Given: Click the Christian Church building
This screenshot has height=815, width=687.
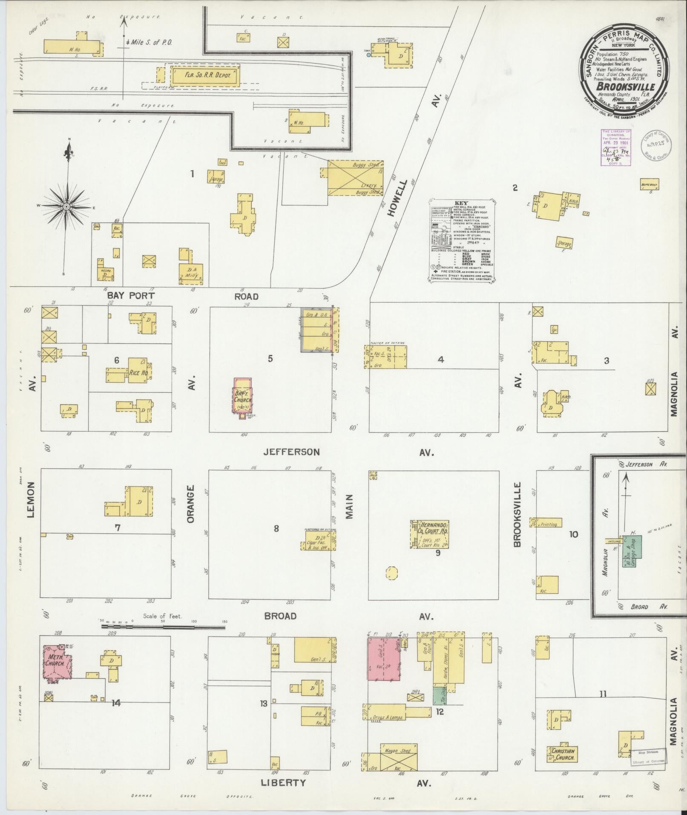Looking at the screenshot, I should click(x=563, y=752).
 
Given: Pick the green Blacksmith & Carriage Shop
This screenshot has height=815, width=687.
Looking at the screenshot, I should click(x=632, y=553).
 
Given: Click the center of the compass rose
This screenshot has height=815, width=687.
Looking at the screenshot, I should click(x=66, y=207).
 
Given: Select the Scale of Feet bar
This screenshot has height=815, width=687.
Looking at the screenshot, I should click(x=162, y=627).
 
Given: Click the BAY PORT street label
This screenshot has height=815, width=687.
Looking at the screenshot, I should click(x=130, y=296).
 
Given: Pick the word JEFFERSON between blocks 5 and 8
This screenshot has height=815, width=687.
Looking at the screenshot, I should click(x=291, y=452).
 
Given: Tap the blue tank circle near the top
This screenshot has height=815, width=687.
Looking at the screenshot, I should click(x=369, y=55).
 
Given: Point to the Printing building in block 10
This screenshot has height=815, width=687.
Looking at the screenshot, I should click(x=546, y=522).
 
